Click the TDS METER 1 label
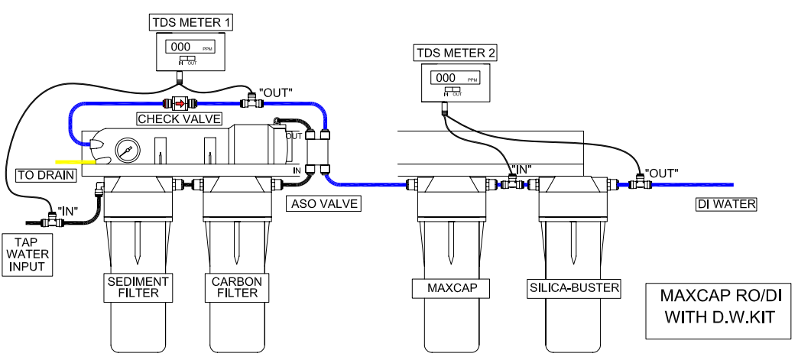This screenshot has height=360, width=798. point(191,22)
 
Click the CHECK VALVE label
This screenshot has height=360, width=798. point(180,119)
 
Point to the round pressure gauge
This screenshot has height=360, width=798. point(125,151)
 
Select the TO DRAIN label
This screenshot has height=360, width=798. point(47,175)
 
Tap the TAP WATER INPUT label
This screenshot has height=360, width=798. point(28,254)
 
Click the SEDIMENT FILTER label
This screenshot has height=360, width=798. point(138,287)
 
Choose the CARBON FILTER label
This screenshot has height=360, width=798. point(237,287)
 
